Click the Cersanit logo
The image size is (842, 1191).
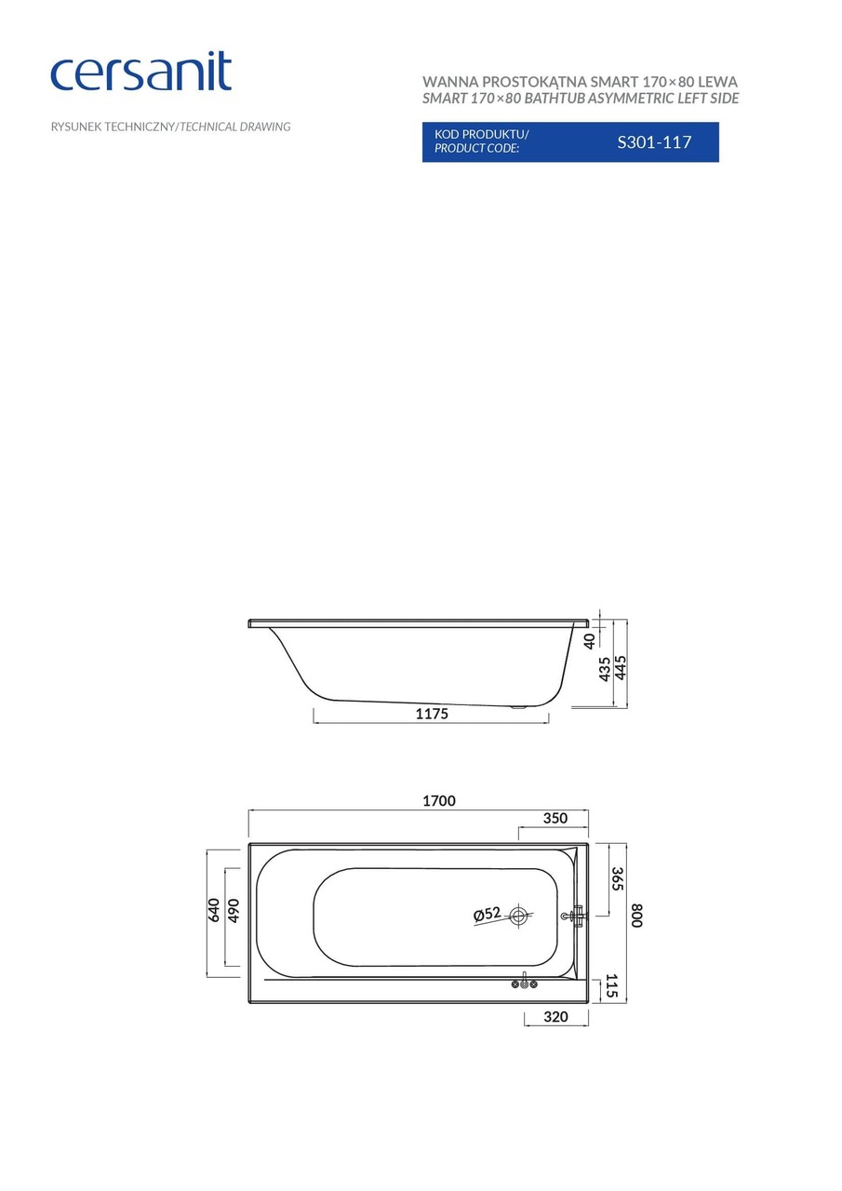tap(140, 73)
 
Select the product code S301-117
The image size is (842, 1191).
tap(654, 142)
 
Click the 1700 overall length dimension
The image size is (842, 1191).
tap(439, 801)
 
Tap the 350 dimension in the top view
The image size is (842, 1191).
tap(555, 819)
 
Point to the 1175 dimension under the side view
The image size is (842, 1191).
tap(432, 714)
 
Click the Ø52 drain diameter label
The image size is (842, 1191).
tap(487, 915)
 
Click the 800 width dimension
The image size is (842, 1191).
tap(636, 916)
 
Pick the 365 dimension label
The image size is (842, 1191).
tap(616, 879)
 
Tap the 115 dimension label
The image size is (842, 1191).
tap(611, 986)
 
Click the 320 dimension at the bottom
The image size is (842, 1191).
tap(555, 1017)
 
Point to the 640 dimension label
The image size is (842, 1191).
tap(213, 910)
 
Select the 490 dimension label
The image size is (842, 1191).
tap(234, 910)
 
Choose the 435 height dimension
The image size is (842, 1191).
tap(605, 668)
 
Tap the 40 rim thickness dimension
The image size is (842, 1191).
tap(589, 641)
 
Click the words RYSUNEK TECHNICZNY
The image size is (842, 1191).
tap(112, 127)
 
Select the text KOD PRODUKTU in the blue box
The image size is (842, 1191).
tap(481, 134)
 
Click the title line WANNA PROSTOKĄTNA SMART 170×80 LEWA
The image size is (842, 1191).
tap(580, 82)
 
